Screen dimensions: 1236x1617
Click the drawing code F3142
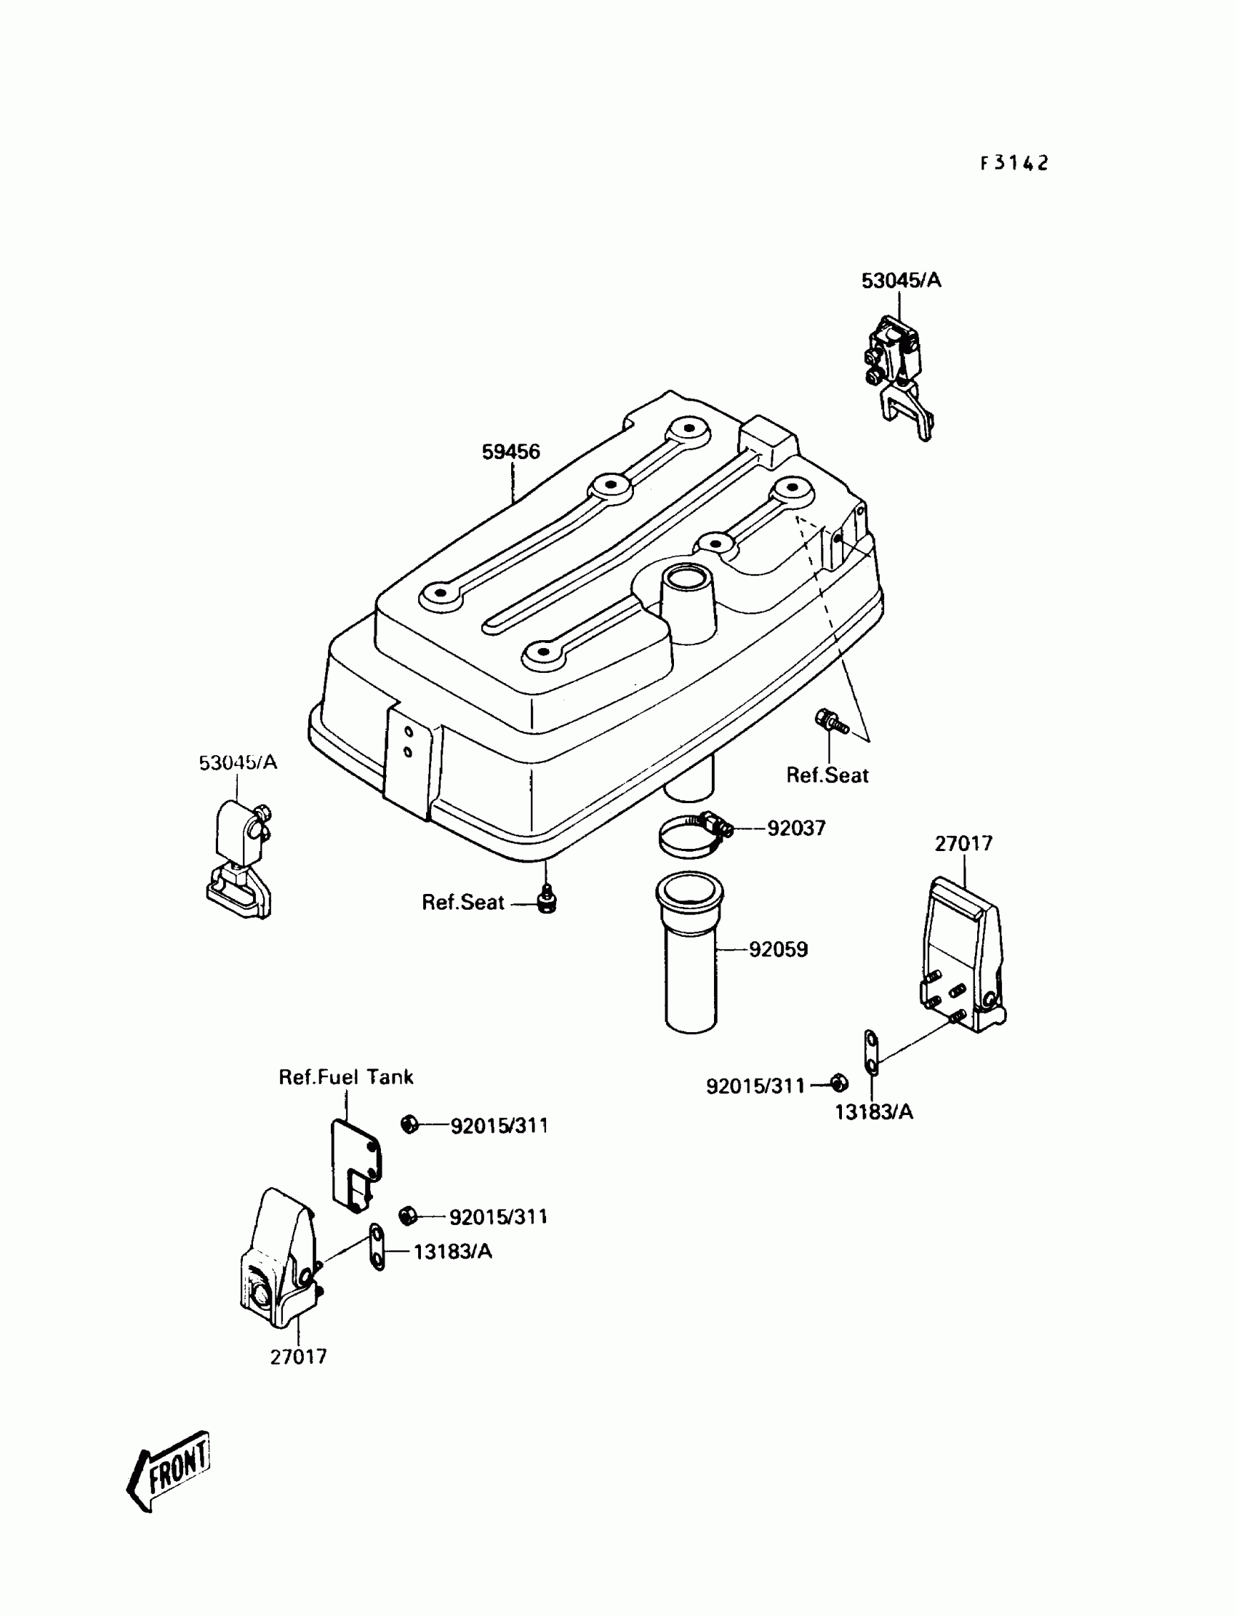click(x=1014, y=164)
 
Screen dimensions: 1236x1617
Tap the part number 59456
click(x=510, y=452)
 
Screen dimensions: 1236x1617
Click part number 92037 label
click(x=796, y=829)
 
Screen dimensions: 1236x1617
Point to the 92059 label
click(x=779, y=949)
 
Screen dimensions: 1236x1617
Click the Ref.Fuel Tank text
click(x=346, y=1077)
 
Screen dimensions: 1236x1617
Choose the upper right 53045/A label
click(x=902, y=281)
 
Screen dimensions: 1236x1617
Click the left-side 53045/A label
click(x=238, y=762)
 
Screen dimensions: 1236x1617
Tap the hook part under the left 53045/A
click(x=238, y=861)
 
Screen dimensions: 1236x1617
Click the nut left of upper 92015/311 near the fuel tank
click(x=410, y=1125)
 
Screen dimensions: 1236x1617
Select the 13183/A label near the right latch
click(x=873, y=1112)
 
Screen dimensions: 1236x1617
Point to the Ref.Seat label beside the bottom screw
click(x=462, y=903)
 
